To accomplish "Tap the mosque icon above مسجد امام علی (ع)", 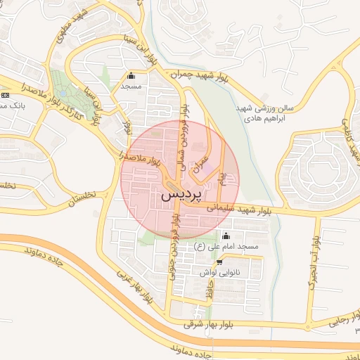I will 226,236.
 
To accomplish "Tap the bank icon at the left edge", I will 6,95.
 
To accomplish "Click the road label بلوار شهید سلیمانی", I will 239,209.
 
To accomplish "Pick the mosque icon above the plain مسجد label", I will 131,76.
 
